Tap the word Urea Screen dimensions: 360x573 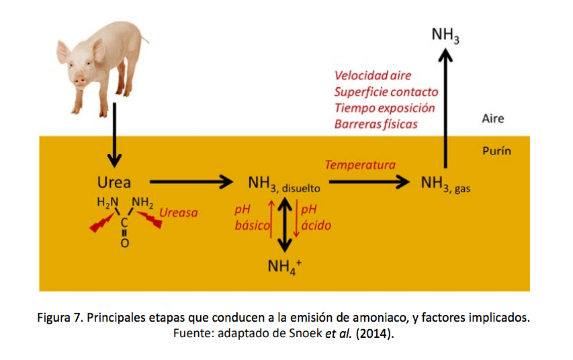point(114,183)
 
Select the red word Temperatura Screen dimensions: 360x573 point(360,165)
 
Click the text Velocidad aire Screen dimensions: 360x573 point(373,76)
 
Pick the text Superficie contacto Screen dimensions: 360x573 point(386,92)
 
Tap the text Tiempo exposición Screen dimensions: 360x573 point(384,108)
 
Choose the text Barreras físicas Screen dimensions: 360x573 point(376,124)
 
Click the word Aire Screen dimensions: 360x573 point(493,119)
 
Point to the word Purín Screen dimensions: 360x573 point(496,151)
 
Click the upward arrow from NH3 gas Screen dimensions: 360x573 point(445,107)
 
